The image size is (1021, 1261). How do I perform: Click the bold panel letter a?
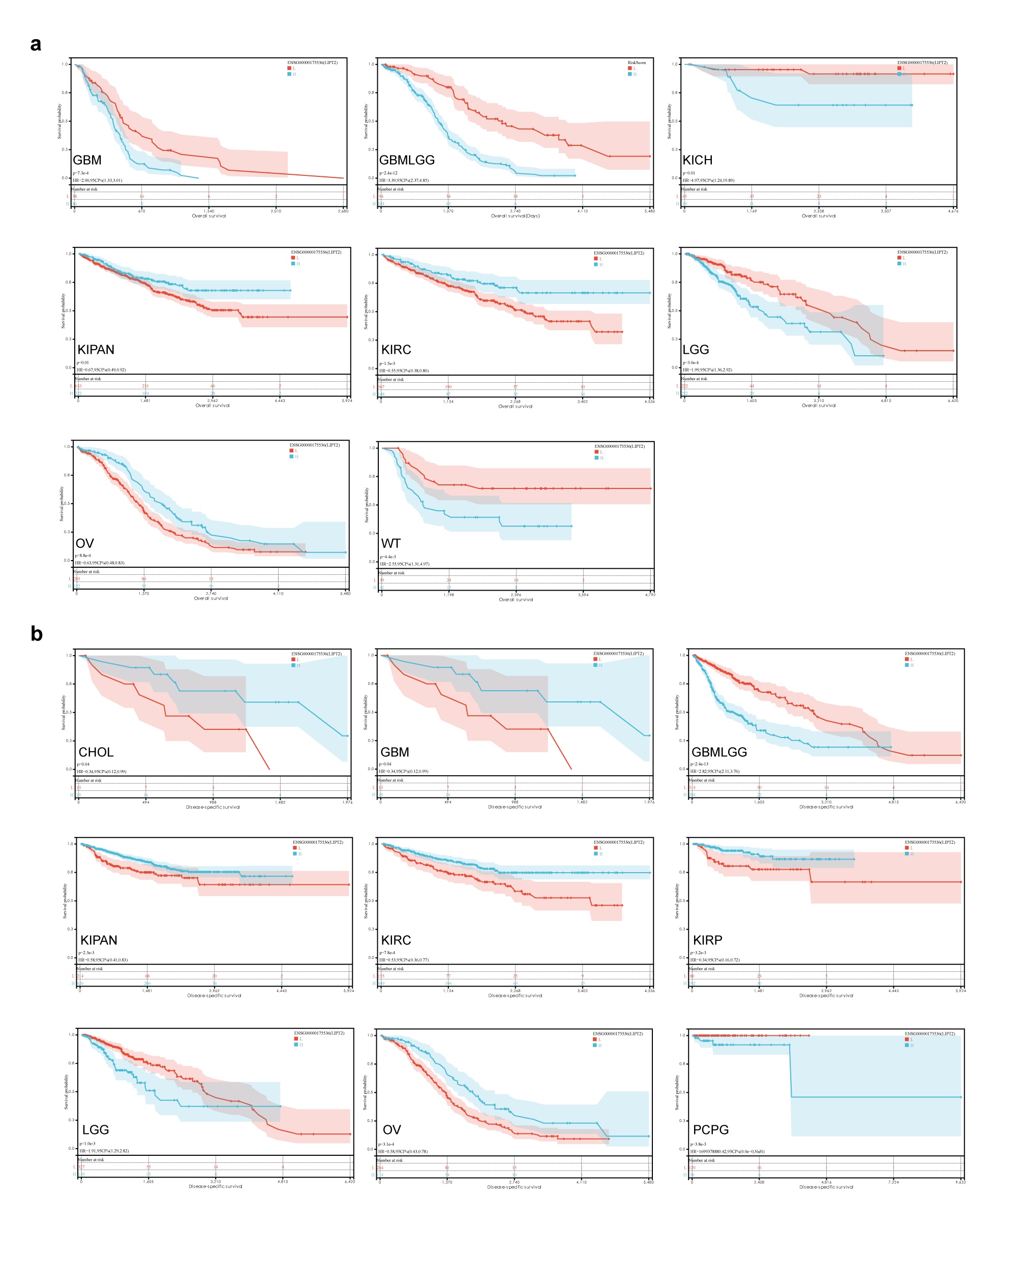click(x=36, y=44)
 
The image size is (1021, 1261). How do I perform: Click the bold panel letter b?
click(x=37, y=633)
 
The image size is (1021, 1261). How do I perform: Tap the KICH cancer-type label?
click(x=697, y=160)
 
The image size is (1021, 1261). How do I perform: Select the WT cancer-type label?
click(x=391, y=543)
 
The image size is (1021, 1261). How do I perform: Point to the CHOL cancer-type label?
click(x=96, y=752)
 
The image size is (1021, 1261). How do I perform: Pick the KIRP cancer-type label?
click(x=707, y=940)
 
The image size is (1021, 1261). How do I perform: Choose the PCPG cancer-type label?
click(x=710, y=1129)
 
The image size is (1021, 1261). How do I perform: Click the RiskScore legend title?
click(x=637, y=63)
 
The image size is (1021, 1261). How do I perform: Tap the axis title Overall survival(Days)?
click(x=515, y=216)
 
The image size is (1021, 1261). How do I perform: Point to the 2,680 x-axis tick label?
click(x=343, y=211)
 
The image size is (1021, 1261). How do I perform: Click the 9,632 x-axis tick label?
click(x=960, y=1182)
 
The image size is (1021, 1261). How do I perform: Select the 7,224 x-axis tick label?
click(x=893, y=1182)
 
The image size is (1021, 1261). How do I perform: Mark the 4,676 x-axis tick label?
click(x=953, y=211)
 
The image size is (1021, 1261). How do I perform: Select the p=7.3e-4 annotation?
click(x=80, y=173)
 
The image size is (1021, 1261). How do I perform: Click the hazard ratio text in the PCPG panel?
click(x=727, y=1152)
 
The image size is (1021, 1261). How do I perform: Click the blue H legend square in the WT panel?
click(x=596, y=457)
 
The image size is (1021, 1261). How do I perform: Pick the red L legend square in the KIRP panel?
click(x=907, y=848)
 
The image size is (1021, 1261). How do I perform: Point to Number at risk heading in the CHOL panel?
click(x=89, y=780)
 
